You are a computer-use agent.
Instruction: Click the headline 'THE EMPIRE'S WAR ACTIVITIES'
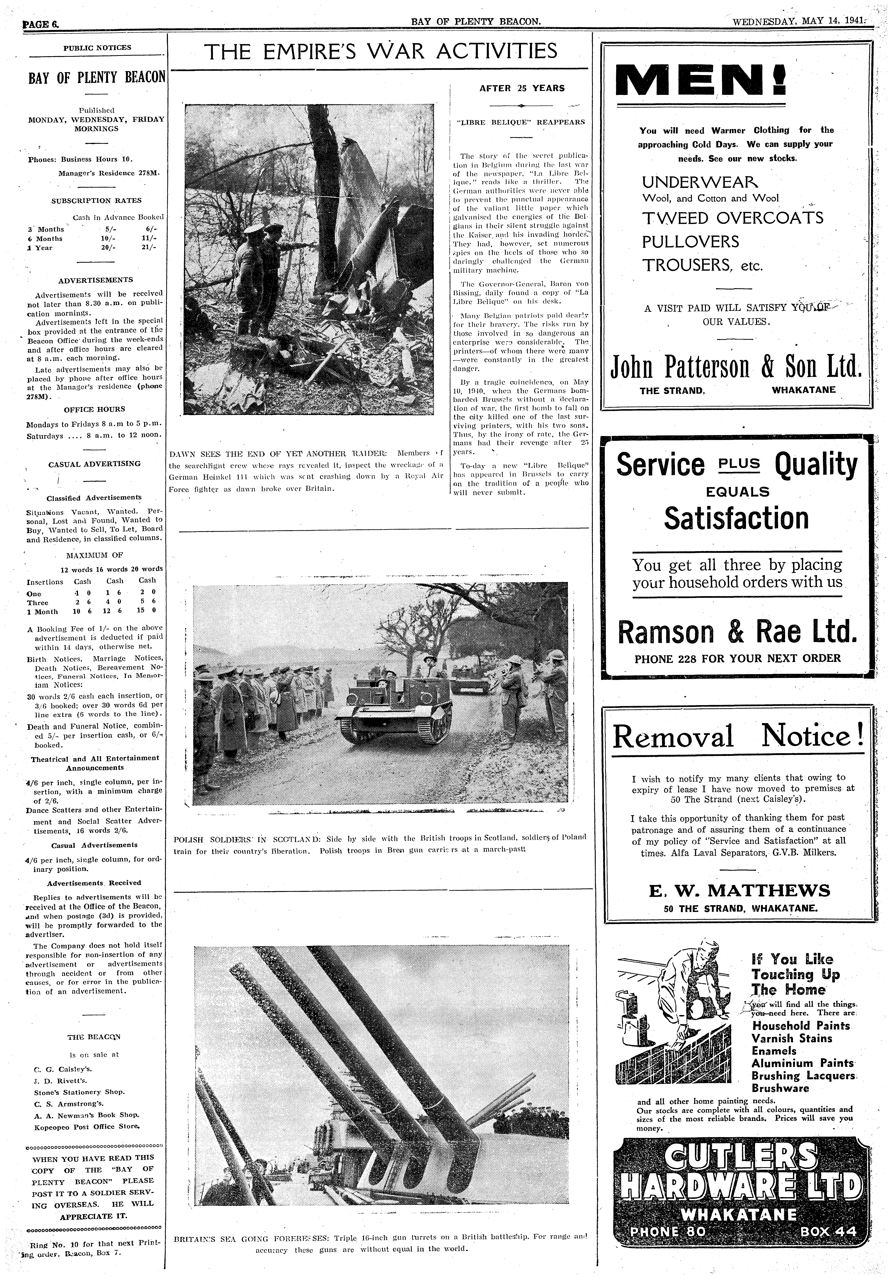(x=381, y=52)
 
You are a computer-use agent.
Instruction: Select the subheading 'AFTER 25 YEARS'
(x=521, y=88)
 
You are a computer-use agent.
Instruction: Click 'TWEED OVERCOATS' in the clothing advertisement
(x=732, y=218)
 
